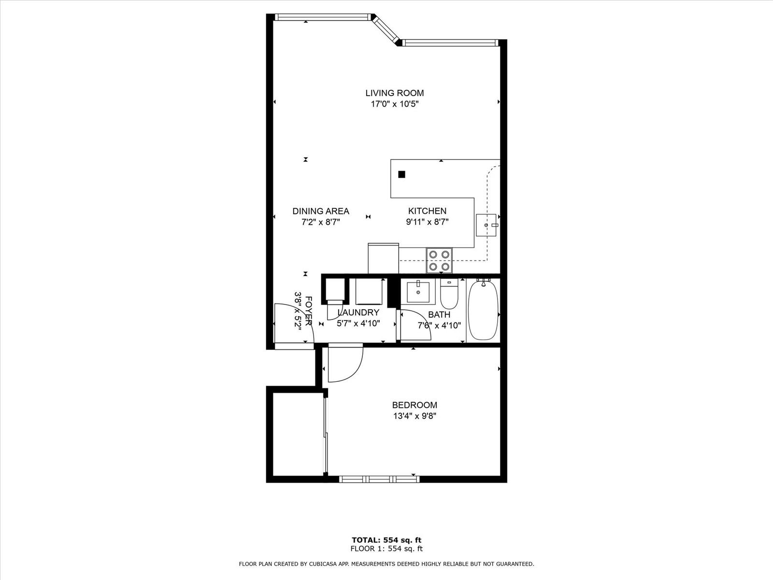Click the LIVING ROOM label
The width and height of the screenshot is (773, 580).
394,93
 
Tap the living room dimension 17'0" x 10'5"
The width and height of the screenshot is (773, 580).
394,104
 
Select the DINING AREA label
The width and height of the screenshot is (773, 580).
321,211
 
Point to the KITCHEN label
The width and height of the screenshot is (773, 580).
427,211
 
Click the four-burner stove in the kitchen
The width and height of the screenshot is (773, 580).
439,260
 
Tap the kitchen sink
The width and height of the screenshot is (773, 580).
487,225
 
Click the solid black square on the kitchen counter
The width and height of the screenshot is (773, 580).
402,174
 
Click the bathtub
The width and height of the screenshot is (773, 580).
483,310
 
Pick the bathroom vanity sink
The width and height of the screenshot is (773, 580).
418,292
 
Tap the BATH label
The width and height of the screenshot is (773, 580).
439,315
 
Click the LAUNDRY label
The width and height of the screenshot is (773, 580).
358,312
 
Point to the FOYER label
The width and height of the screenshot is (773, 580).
309,311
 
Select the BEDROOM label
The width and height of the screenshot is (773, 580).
415,405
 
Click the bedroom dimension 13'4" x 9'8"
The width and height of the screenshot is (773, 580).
415,416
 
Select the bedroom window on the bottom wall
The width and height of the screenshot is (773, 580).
379,479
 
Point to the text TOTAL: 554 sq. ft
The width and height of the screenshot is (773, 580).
386,540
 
